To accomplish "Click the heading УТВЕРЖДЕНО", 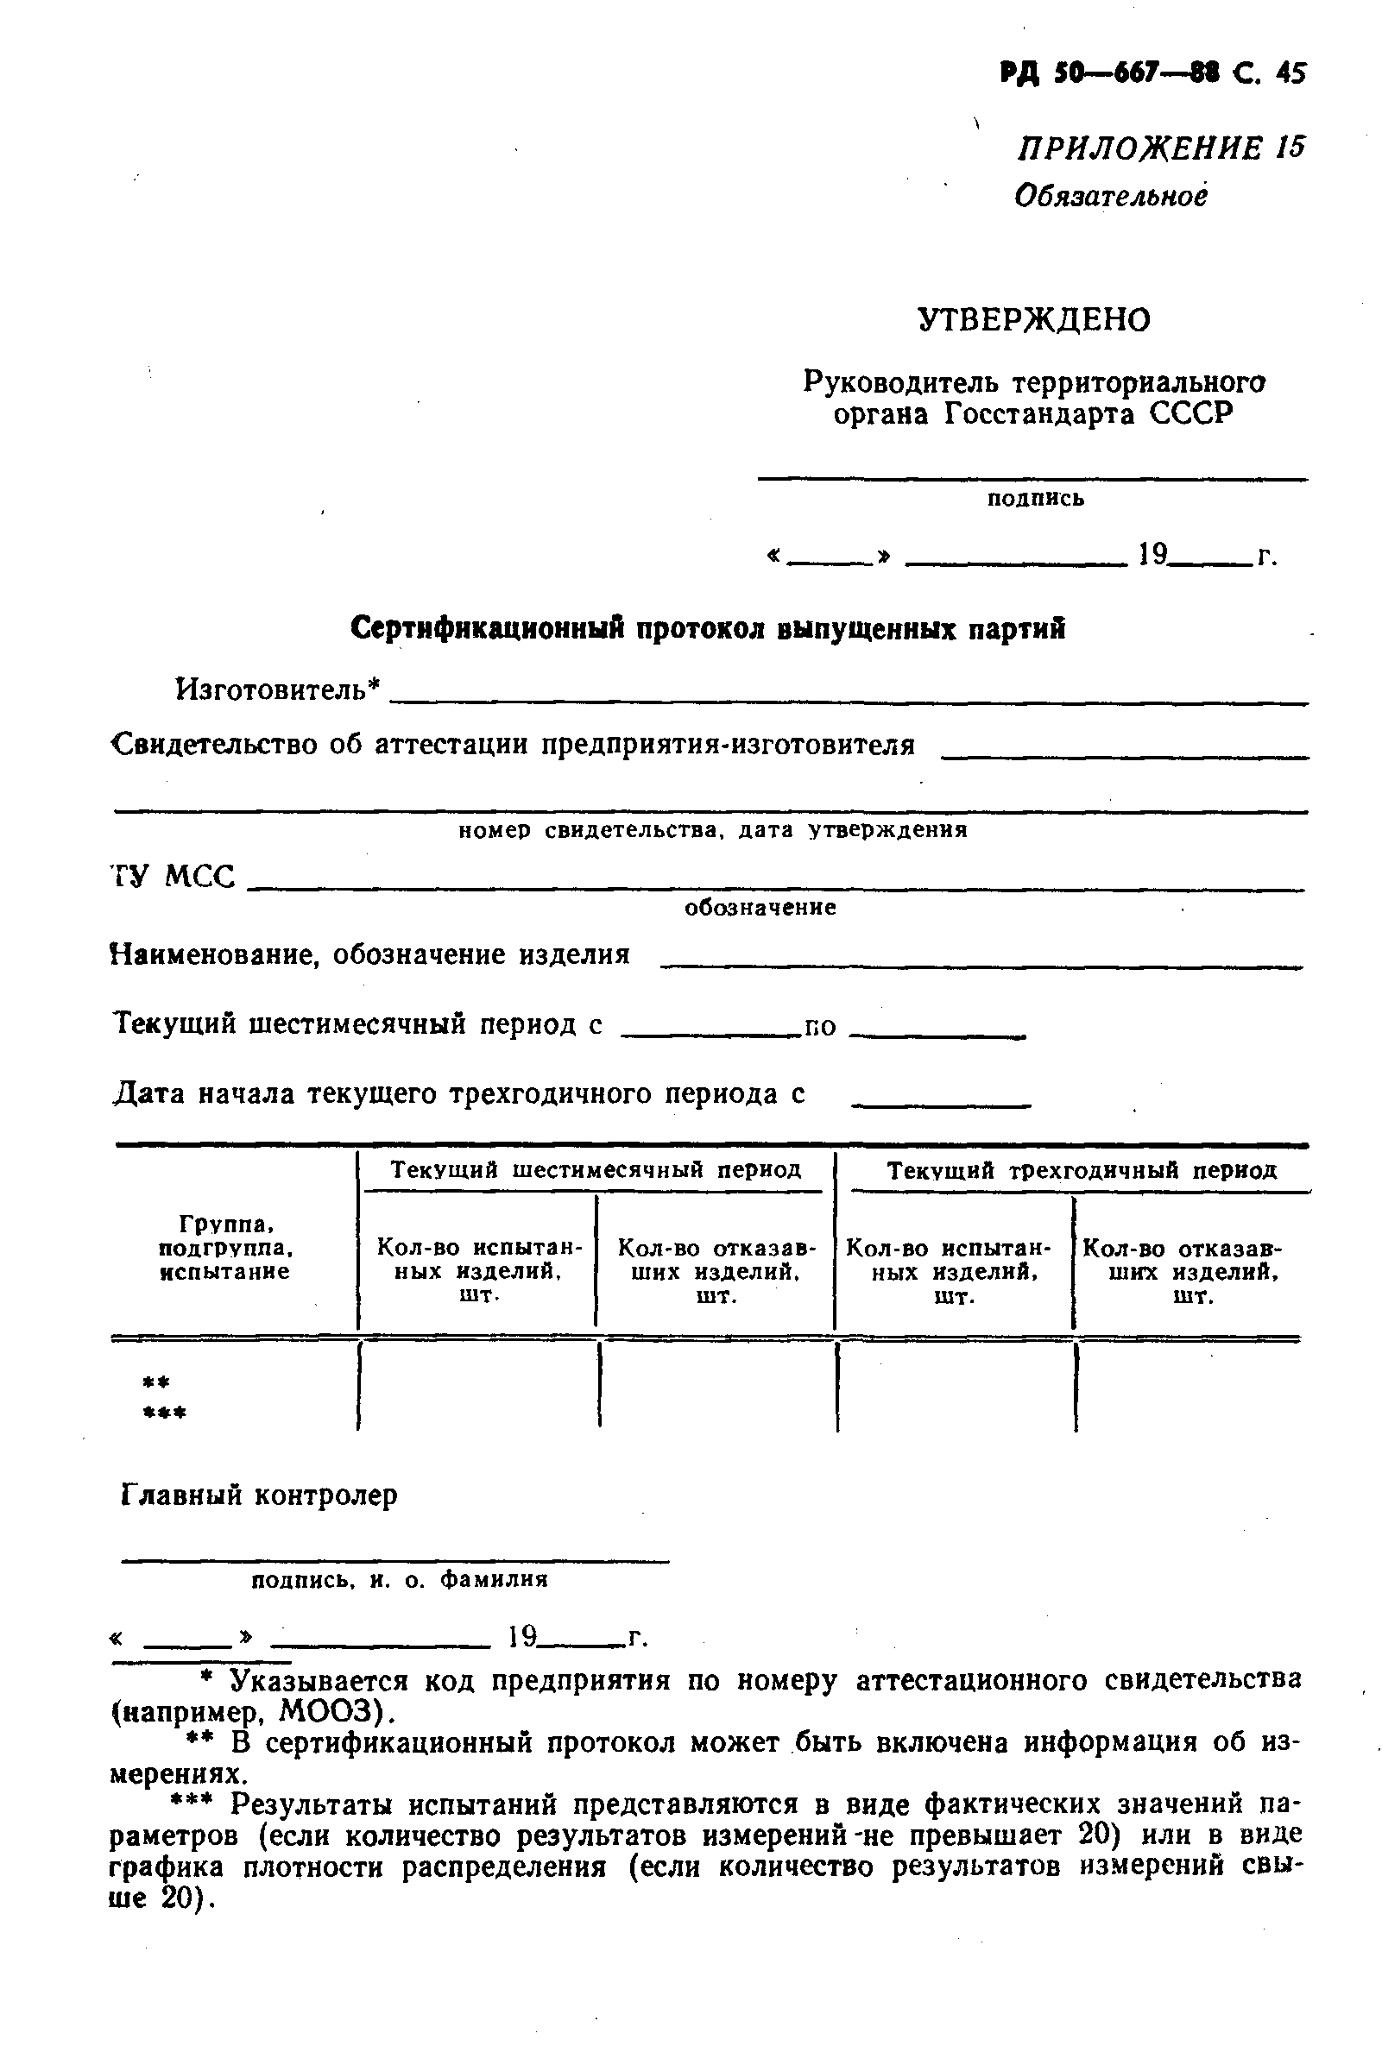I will point(1033,319).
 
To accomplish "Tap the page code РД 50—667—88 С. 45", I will point(1153,73).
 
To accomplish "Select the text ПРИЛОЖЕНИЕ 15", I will point(1160,148).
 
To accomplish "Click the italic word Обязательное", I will point(1110,195).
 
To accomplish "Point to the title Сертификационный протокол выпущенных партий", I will point(707,628).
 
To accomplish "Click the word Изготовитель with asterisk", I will point(278,689).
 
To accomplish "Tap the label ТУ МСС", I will point(174,877).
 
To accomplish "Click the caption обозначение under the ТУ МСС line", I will point(760,907).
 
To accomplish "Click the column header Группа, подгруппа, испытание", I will point(224,1248).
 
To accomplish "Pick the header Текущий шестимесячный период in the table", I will point(596,1170).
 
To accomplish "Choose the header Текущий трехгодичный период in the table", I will point(1081,1171).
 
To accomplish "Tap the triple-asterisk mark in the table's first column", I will point(165,1413).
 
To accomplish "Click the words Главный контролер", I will point(258,1495).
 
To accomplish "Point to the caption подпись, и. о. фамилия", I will point(400,1579).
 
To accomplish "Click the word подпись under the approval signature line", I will point(1035,498).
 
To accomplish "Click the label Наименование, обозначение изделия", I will point(370,954).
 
